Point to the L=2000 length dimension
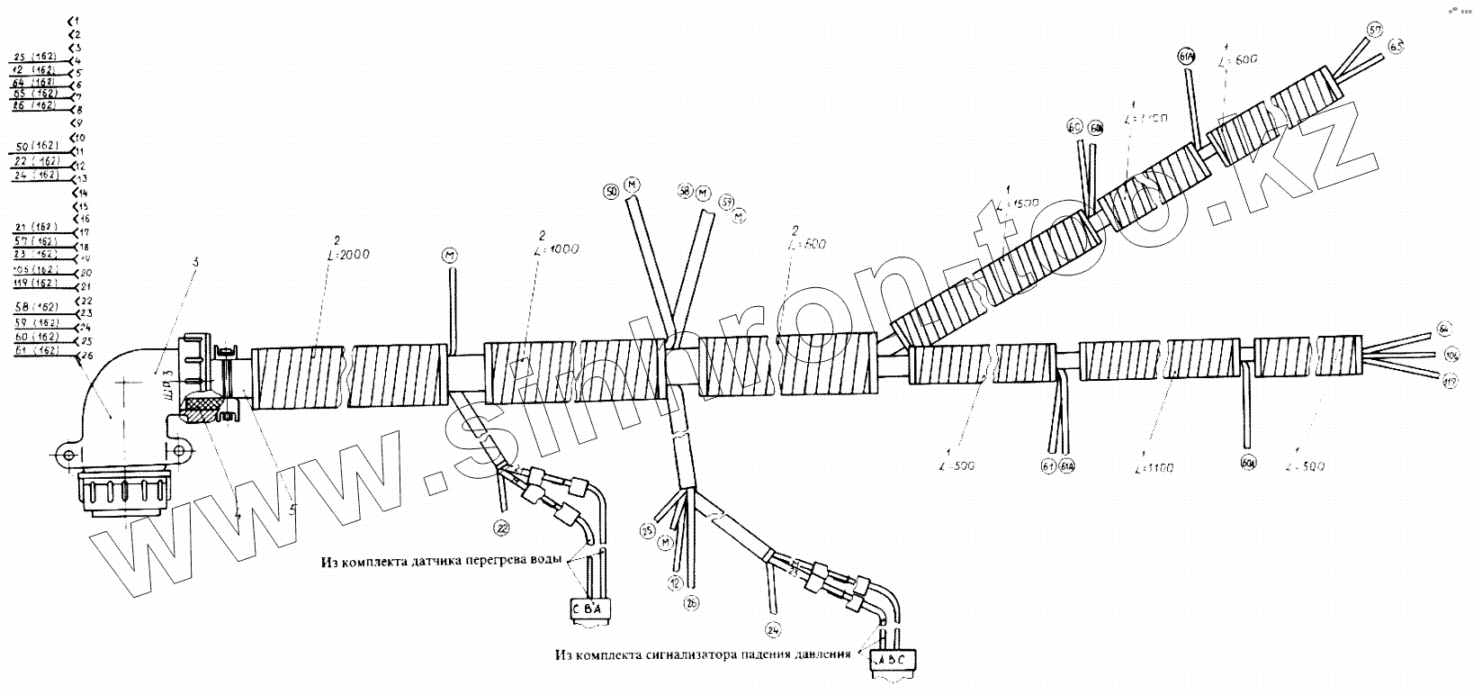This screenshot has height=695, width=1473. (345, 255)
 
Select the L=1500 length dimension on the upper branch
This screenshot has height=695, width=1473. (1019, 205)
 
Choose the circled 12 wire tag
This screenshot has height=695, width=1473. (674, 582)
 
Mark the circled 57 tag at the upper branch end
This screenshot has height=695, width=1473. (1375, 31)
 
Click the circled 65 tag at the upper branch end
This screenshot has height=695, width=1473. (1396, 46)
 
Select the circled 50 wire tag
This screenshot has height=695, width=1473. (612, 191)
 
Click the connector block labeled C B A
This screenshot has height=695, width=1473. (591, 611)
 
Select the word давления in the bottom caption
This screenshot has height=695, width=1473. (820, 654)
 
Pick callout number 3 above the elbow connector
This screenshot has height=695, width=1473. (194, 262)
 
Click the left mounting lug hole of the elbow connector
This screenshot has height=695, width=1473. (69, 456)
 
